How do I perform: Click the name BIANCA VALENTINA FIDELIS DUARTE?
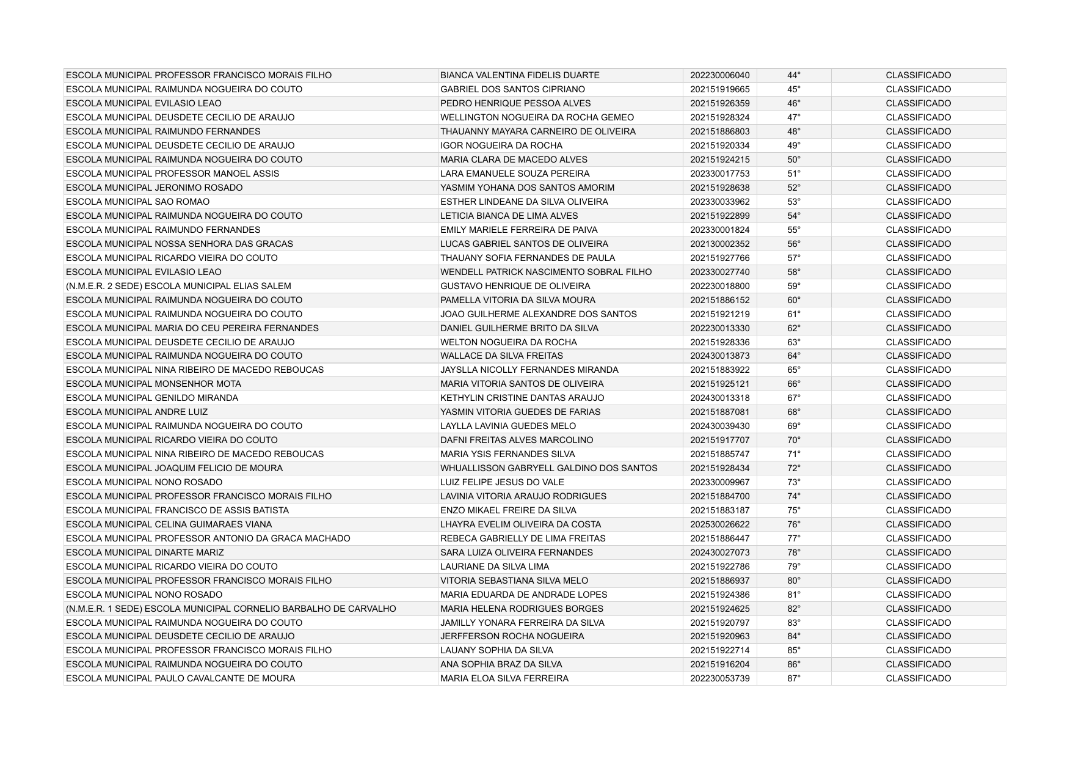520,75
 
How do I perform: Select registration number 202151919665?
719,89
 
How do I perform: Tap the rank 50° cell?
793,159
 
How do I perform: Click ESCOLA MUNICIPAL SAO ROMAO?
137,202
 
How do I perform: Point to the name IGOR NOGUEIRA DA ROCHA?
501,145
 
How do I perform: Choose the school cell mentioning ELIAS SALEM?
178,286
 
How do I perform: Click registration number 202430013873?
719,356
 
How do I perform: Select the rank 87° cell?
793,678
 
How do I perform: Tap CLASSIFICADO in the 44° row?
918,75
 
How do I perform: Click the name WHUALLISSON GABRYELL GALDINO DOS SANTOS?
548,468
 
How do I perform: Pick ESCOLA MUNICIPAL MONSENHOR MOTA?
153,384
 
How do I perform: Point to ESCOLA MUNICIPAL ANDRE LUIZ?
137,412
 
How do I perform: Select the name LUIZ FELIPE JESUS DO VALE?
502,482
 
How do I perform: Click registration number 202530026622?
719,524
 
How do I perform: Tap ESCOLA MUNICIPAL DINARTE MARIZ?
145,552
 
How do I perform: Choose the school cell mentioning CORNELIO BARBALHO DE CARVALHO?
231,609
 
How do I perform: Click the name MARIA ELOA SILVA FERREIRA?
504,678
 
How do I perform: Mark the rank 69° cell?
793,426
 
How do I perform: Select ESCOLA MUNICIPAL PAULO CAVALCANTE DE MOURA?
180,678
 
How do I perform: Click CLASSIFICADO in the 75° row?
918,510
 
